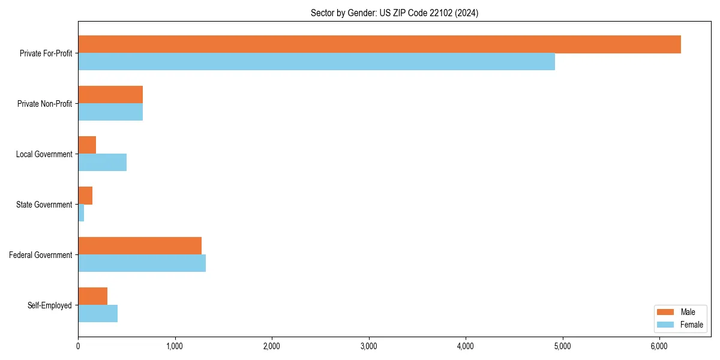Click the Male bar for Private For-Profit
[x=379, y=44]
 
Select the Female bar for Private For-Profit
[x=316, y=62]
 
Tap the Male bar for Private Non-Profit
[x=110, y=95]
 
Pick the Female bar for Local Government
[x=102, y=163]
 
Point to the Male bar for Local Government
[x=87, y=145]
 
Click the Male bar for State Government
[x=85, y=196]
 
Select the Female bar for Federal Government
[x=142, y=263]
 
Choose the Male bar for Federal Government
[x=140, y=246]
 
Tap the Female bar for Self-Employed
[x=98, y=314]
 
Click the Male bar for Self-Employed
[x=92, y=296]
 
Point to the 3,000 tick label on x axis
[x=369, y=346]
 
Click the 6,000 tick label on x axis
[x=659, y=346]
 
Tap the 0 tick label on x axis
[x=78, y=346]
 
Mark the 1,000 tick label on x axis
[x=175, y=346]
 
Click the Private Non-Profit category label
[x=44, y=104]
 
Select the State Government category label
[x=44, y=205]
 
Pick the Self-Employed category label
[x=49, y=305]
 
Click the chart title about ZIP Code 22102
[x=394, y=13]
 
